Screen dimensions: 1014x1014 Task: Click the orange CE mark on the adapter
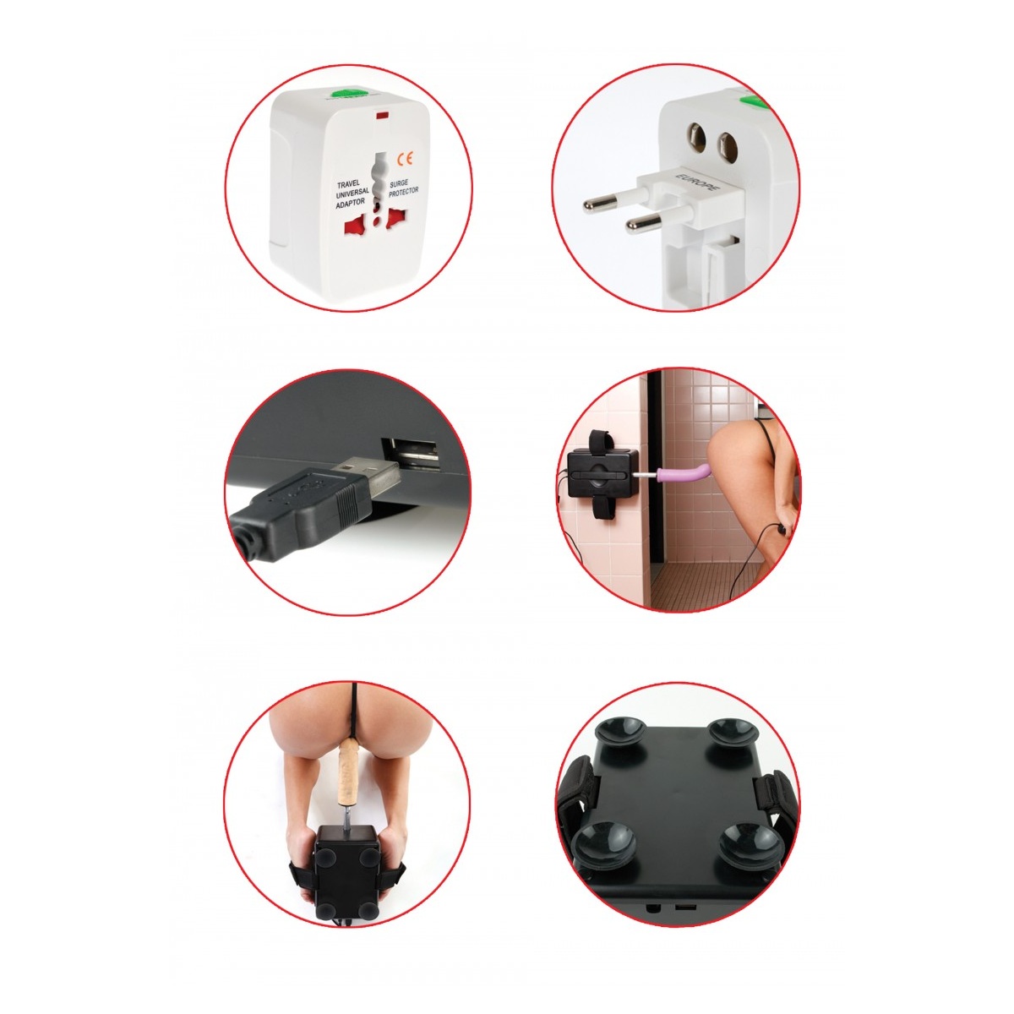406,158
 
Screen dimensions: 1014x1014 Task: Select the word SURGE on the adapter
399,183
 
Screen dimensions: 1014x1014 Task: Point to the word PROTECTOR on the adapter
404,192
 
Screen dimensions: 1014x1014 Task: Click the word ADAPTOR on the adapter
351,203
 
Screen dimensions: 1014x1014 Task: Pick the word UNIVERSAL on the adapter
352,194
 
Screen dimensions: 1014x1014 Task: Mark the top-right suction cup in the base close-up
732,733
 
